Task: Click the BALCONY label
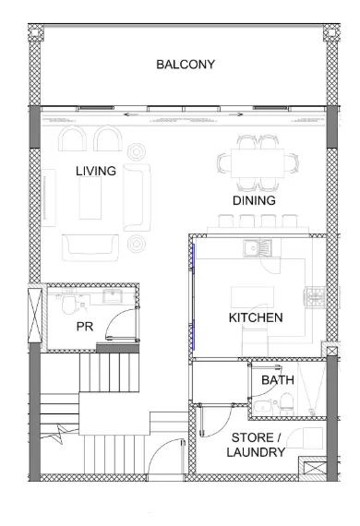coord(186,65)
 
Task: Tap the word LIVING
coord(96,171)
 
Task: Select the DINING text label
coord(254,200)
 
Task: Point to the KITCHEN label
coord(256,317)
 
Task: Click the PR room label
coord(85,327)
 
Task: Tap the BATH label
coord(278,380)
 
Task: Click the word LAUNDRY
coord(256,452)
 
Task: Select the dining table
coord(258,163)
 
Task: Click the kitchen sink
coord(257,248)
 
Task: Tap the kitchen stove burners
coord(316,297)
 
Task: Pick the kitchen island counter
coord(252,297)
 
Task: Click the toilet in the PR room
coord(69,303)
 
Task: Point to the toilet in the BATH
coord(286,404)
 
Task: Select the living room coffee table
coord(90,197)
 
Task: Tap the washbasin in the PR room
coord(113,296)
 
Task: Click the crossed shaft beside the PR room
coord(34,315)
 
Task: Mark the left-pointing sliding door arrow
coord(130,114)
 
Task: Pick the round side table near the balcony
coord(137,152)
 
